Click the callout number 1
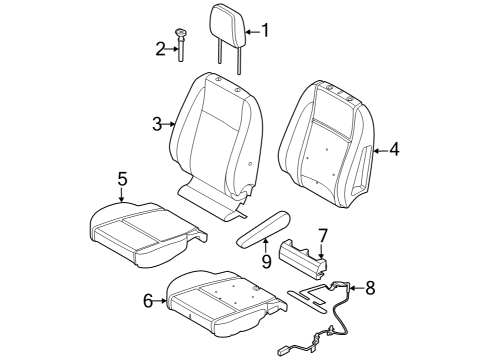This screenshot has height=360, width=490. tap(266, 30)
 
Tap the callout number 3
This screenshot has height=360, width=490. tap(157, 124)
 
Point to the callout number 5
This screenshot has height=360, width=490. tap(122, 179)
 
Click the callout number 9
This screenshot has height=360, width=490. tap(267, 261)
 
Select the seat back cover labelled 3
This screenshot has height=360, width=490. tap(215, 130)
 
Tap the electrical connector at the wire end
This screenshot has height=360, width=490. tap(286, 349)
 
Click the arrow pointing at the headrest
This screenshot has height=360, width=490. tap(250, 30)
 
